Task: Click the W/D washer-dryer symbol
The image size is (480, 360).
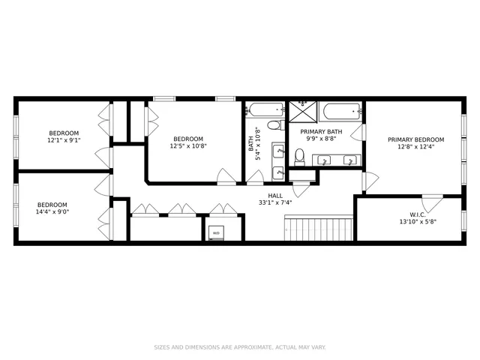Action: pos(217,232)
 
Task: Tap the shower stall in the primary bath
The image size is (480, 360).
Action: pos(304,112)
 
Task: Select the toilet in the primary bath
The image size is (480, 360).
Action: pos(299,156)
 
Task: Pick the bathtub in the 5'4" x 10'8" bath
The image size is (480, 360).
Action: pos(263,110)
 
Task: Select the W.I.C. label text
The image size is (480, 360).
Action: pos(418,214)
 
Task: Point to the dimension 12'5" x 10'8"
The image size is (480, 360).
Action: pos(188,146)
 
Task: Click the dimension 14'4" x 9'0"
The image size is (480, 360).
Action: pos(52,212)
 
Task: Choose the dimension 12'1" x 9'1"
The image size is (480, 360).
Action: pos(64,139)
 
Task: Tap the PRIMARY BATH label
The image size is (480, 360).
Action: pos(321,131)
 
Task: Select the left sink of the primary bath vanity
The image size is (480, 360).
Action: pos(325,160)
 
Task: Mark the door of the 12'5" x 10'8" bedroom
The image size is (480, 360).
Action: pos(226,176)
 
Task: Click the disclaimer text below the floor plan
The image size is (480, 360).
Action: pos(240,347)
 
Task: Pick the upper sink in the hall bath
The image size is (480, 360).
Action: pos(277,150)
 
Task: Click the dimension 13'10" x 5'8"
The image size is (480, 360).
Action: pos(418,222)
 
